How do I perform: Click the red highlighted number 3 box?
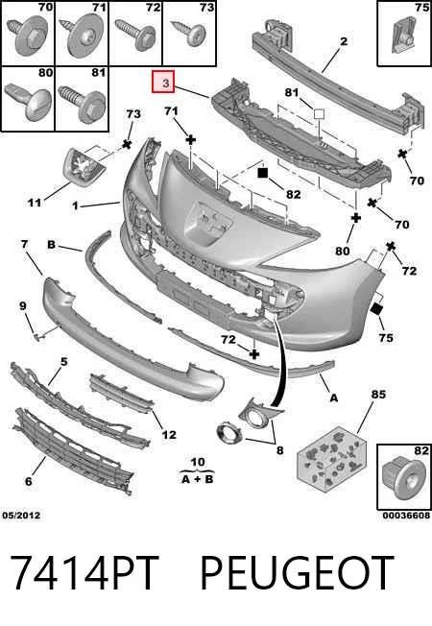coord(163,82)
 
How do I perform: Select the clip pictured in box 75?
coord(403,36)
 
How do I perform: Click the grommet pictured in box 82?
coord(402,478)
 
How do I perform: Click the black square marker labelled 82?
coord(262,173)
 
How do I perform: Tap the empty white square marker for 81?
coord(319,114)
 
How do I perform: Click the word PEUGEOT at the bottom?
coord(297,573)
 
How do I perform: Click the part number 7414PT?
coord(84,573)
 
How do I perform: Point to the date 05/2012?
coord(21,516)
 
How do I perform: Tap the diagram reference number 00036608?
coord(406,516)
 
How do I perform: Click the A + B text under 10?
coord(198,479)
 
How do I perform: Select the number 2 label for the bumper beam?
coord(344,41)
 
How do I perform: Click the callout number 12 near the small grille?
coord(169,434)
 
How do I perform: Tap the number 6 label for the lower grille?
coord(29,481)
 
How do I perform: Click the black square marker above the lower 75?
coord(376,309)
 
